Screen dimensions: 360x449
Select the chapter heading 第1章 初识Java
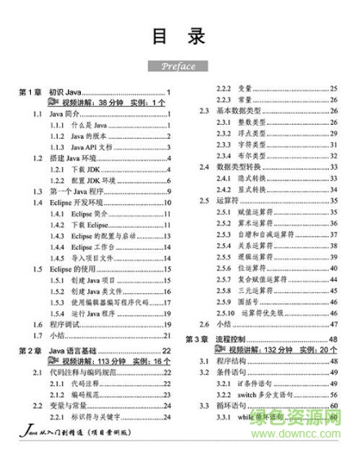(x=49, y=91)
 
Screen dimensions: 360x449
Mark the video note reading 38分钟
(x=94, y=103)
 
